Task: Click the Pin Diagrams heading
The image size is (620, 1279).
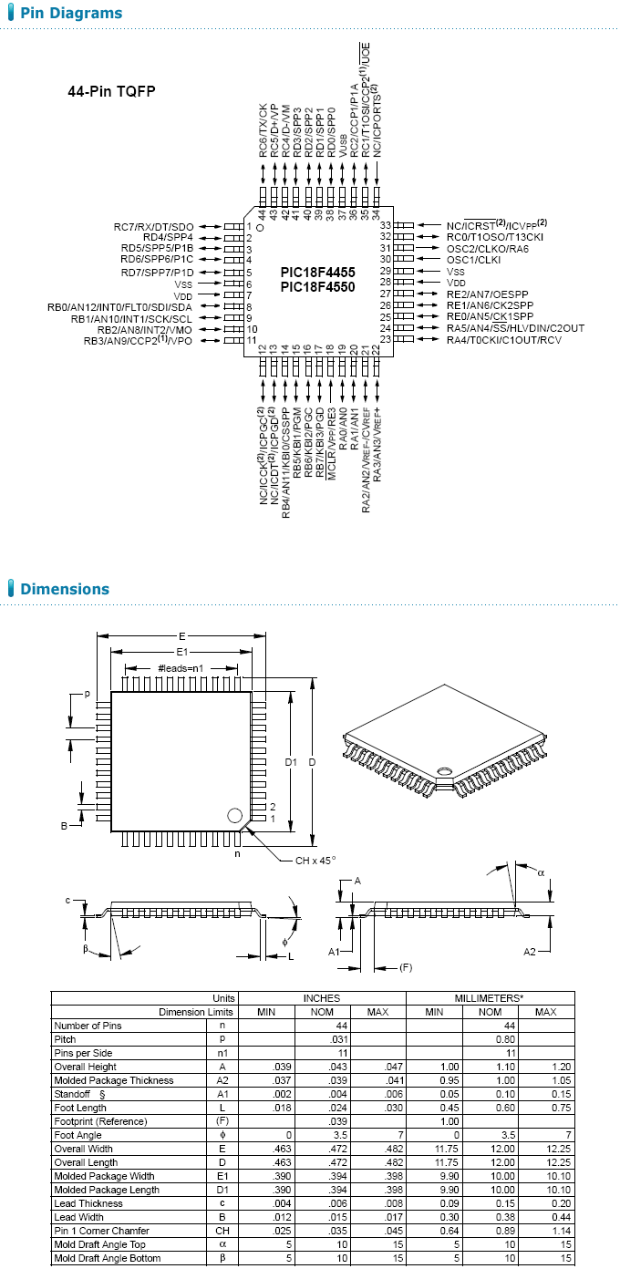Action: [x=70, y=14]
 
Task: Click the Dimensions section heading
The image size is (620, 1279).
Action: [x=64, y=589]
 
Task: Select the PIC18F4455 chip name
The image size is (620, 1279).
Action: [x=317, y=273]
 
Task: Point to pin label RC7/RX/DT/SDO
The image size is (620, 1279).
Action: [x=153, y=226]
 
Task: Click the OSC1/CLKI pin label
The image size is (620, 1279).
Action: [x=473, y=260]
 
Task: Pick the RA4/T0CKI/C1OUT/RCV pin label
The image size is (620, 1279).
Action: [x=503, y=340]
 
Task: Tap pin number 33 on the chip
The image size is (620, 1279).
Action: [x=386, y=226]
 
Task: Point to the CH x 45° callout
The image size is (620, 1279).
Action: [x=315, y=861]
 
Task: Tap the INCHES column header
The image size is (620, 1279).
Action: [x=321, y=998]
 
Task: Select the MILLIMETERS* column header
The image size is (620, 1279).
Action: [x=490, y=998]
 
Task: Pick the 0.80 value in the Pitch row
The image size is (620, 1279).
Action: [x=490, y=1039]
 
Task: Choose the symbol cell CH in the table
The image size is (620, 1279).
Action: [x=221, y=1231]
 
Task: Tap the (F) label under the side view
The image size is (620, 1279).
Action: [x=407, y=966]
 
